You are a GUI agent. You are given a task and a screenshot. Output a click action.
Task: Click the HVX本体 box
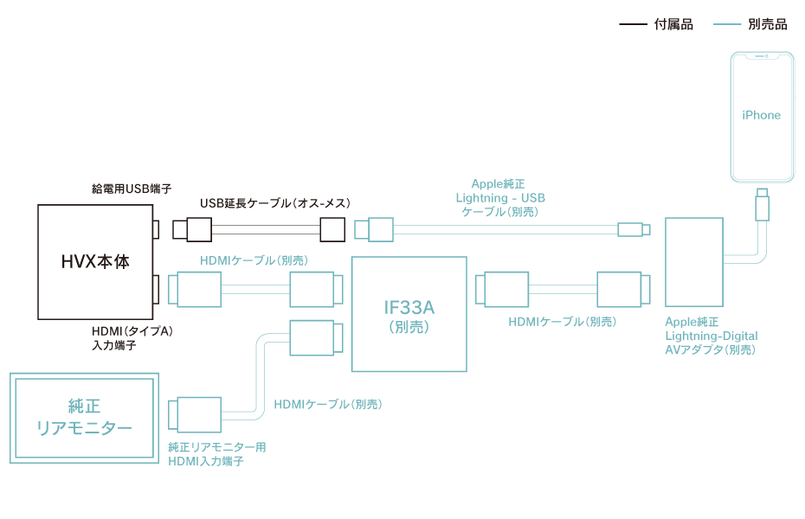(95, 262)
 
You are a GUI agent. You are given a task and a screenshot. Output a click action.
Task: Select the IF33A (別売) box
(409, 314)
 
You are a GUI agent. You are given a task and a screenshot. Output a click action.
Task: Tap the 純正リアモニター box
(84, 418)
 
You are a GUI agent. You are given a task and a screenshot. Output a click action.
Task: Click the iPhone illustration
(761, 117)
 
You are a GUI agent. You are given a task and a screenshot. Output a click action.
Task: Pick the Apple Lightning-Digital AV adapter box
(694, 262)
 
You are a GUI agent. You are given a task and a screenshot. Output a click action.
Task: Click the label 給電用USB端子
(132, 188)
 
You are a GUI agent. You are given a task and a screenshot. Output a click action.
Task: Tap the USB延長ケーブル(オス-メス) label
(274, 203)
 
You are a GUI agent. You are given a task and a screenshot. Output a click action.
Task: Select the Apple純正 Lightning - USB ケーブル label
(500, 197)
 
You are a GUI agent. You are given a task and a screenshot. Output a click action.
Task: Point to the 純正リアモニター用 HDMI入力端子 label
(216, 454)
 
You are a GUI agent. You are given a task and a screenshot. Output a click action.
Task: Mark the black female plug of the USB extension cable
(333, 229)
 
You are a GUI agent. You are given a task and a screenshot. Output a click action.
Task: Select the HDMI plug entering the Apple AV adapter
(621, 289)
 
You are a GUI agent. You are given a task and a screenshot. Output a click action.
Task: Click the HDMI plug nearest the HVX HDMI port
(196, 289)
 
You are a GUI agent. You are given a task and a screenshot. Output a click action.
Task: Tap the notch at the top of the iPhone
(761, 56)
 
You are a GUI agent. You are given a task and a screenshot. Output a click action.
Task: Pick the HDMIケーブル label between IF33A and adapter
(562, 322)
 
